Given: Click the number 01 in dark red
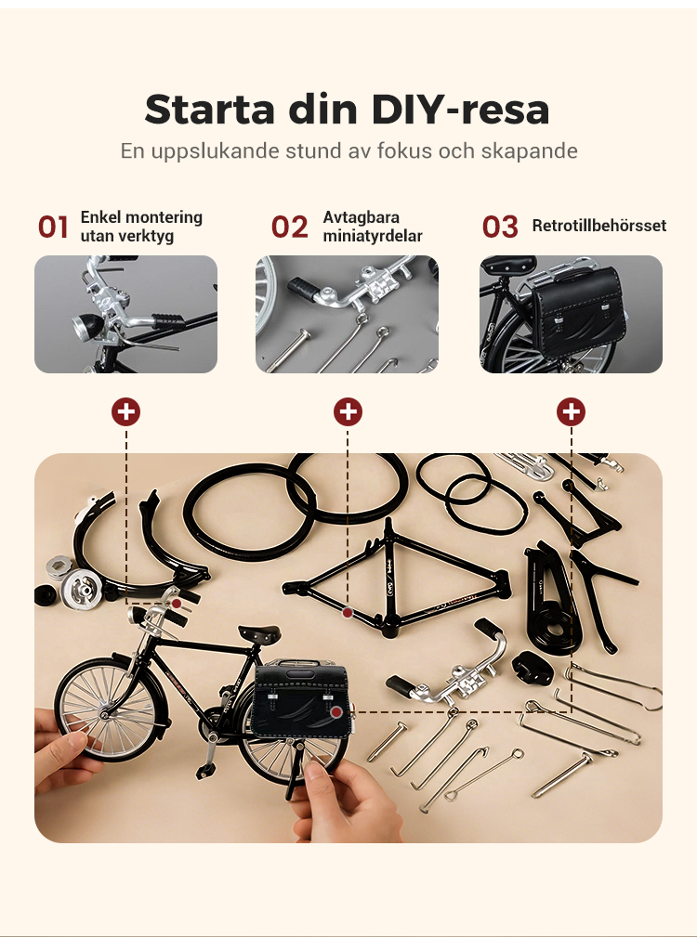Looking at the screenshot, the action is [53, 228].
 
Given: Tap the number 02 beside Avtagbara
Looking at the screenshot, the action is [289, 228].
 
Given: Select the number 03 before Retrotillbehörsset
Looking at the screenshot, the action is [500, 228].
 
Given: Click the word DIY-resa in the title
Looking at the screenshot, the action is [460, 110].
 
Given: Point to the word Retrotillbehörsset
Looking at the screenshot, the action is [599, 226].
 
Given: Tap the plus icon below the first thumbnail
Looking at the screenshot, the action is [125, 411].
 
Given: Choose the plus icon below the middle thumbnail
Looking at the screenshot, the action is [348, 411].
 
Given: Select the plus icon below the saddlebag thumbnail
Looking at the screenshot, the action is [571, 411].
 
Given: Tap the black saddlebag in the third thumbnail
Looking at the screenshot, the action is [579, 313].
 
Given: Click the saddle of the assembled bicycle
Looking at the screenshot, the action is [259, 633].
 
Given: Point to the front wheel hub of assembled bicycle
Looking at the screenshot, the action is [104, 712].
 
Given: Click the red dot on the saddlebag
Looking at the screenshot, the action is [336, 712].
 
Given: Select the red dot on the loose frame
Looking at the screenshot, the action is [348, 613].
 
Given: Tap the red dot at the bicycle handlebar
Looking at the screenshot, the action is [177, 605].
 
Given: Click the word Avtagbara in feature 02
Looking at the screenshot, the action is [362, 217].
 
